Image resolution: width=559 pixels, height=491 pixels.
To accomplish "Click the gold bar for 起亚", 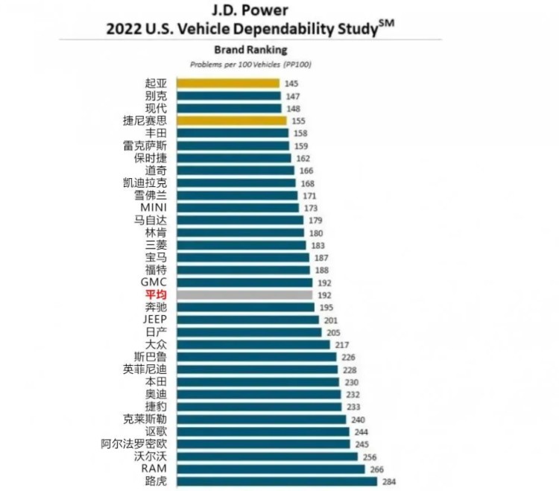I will pyautogui.click(x=227, y=83).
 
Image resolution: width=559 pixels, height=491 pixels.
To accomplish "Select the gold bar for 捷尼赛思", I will pyautogui.click(x=231, y=121).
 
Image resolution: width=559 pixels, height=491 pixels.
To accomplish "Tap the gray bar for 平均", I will pyautogui.click(x=244, y=295).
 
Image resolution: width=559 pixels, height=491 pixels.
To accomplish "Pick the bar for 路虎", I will pyautogui.click(x=277, y=481).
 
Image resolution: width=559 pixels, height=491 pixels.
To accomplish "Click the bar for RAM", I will pyautogui.click(x=271, y=469).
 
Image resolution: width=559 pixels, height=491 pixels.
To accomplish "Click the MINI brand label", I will pyautogui.click(x=154, y=207).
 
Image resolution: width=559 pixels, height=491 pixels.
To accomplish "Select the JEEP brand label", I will pyautogui.click(x=154, y=320).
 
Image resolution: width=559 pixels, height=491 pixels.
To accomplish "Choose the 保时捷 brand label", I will pyautogui.click(x=151, y=158).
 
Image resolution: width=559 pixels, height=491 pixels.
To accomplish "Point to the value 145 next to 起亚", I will pyautogui.click(x=291, y=83).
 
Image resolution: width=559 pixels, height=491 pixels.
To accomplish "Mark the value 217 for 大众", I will pyautogui.click(x=342, y=345).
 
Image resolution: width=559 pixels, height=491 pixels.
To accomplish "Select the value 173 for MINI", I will pyautogui.click(x=311, y=208).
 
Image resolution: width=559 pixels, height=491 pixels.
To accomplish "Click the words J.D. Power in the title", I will pyautogui.click(x=250, y=10).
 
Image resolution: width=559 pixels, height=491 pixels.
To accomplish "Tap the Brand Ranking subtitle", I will pyautogui.click(x=250, y=50).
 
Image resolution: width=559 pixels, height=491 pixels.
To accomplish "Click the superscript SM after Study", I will pyautogui.click(x=387, y=25).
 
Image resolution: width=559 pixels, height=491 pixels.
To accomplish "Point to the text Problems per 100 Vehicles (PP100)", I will pyautogui.click(x=250, y=65).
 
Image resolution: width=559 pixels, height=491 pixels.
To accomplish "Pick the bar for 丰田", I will pyautogui.click(x=233, y=133).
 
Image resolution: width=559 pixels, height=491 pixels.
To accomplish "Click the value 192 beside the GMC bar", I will pyautogui.click(x=324, y=283).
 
